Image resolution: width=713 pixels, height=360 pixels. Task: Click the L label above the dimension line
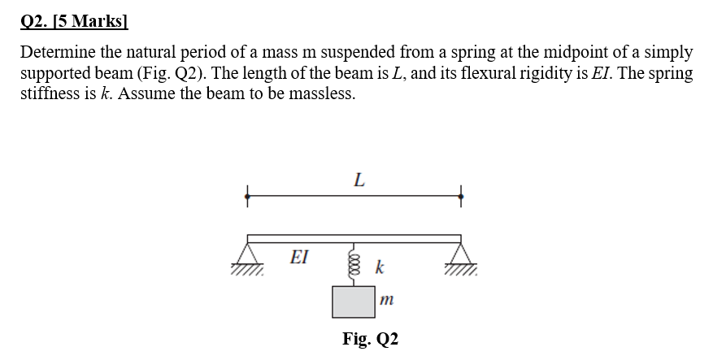(359, 181)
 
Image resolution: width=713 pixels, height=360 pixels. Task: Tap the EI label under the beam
(299, 258)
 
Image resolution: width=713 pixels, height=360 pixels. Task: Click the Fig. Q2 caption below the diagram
(370, 338)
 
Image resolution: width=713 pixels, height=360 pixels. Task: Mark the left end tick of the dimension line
(247, 195)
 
